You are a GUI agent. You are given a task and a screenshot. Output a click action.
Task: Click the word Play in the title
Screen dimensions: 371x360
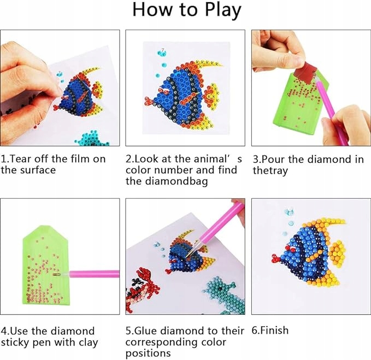pos(222,10)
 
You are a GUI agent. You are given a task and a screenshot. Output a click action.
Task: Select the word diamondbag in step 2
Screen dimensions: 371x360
pos(176,181)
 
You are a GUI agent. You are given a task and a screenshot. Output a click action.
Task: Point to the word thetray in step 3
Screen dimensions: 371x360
pos(270,170)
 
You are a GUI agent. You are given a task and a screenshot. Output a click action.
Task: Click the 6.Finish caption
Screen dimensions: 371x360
pos(270,331)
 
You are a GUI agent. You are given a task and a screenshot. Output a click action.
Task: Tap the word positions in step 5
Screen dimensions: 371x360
pos(148,353)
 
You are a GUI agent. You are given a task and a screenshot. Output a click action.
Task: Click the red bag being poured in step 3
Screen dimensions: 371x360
pos(305,72)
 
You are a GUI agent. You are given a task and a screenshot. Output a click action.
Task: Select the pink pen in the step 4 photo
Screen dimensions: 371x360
pos(94,274)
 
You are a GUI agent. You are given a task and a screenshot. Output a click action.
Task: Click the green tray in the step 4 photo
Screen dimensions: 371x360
pos(46,265)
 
